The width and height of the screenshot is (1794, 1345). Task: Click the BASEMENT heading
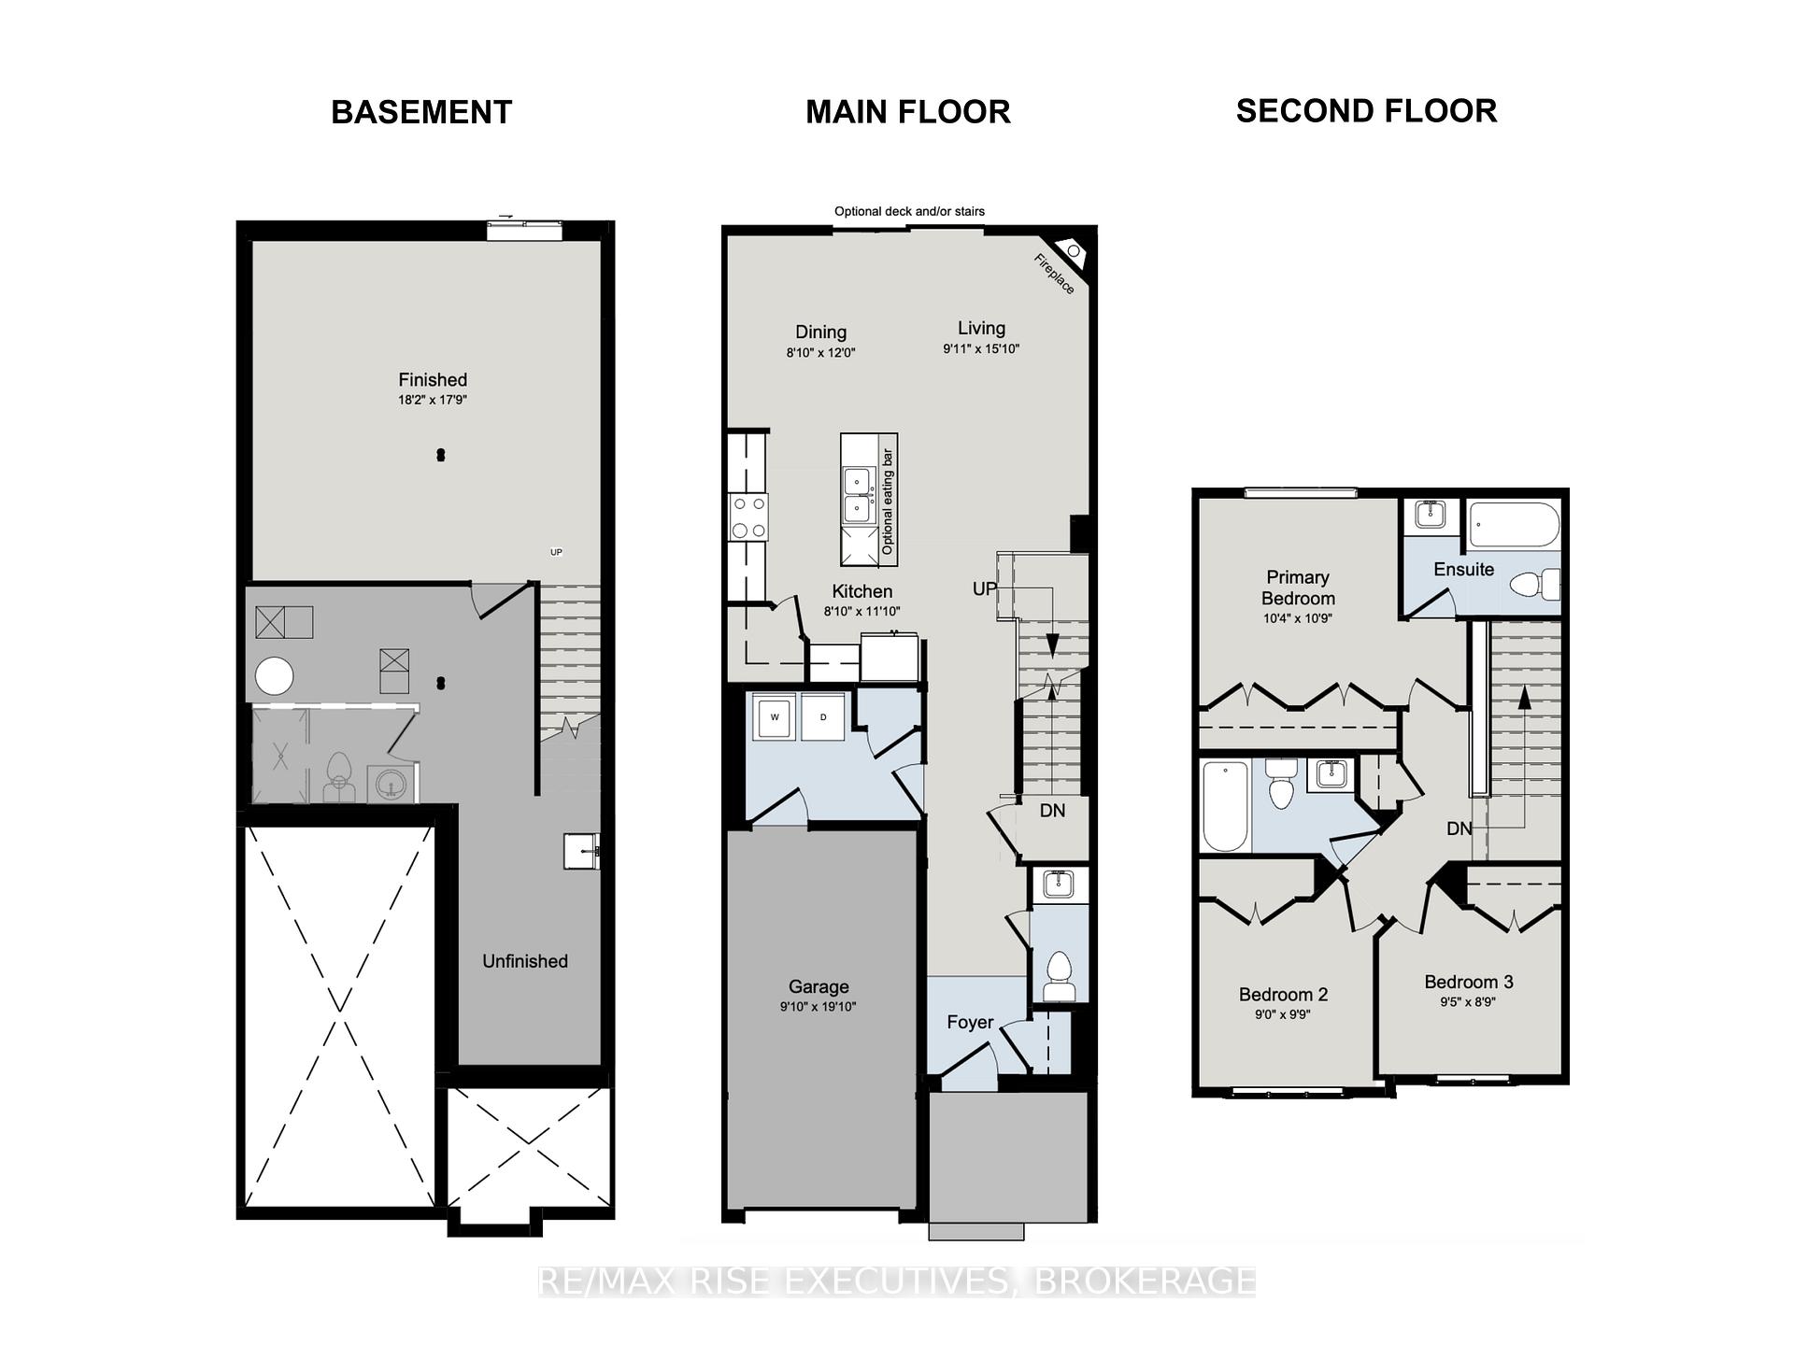coord(421,112)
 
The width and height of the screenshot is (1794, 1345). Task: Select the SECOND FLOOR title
coord(1366,111)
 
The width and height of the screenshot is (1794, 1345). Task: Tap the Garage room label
coord(819,986)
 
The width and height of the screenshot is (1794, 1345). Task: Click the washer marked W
coord(775,717)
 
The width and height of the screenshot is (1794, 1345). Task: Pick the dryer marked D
coord(823,717)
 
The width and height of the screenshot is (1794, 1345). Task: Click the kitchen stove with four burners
coord(748,517)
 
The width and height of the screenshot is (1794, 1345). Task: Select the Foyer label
coord(970,1022)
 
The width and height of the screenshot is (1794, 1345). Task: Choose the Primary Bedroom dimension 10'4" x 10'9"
coord(1297,618)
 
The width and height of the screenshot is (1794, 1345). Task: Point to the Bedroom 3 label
coord(1469,982)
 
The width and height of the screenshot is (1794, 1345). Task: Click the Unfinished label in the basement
coord(525,961)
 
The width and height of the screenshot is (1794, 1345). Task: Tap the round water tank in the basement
coord(275,675)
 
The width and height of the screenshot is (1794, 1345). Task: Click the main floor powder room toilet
coord(1059,976)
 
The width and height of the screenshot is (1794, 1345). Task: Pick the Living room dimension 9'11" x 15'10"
coord(981,349)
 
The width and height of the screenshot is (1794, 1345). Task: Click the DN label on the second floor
coord(1459,828)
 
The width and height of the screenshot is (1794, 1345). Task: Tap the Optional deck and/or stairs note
coord(909,211)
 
